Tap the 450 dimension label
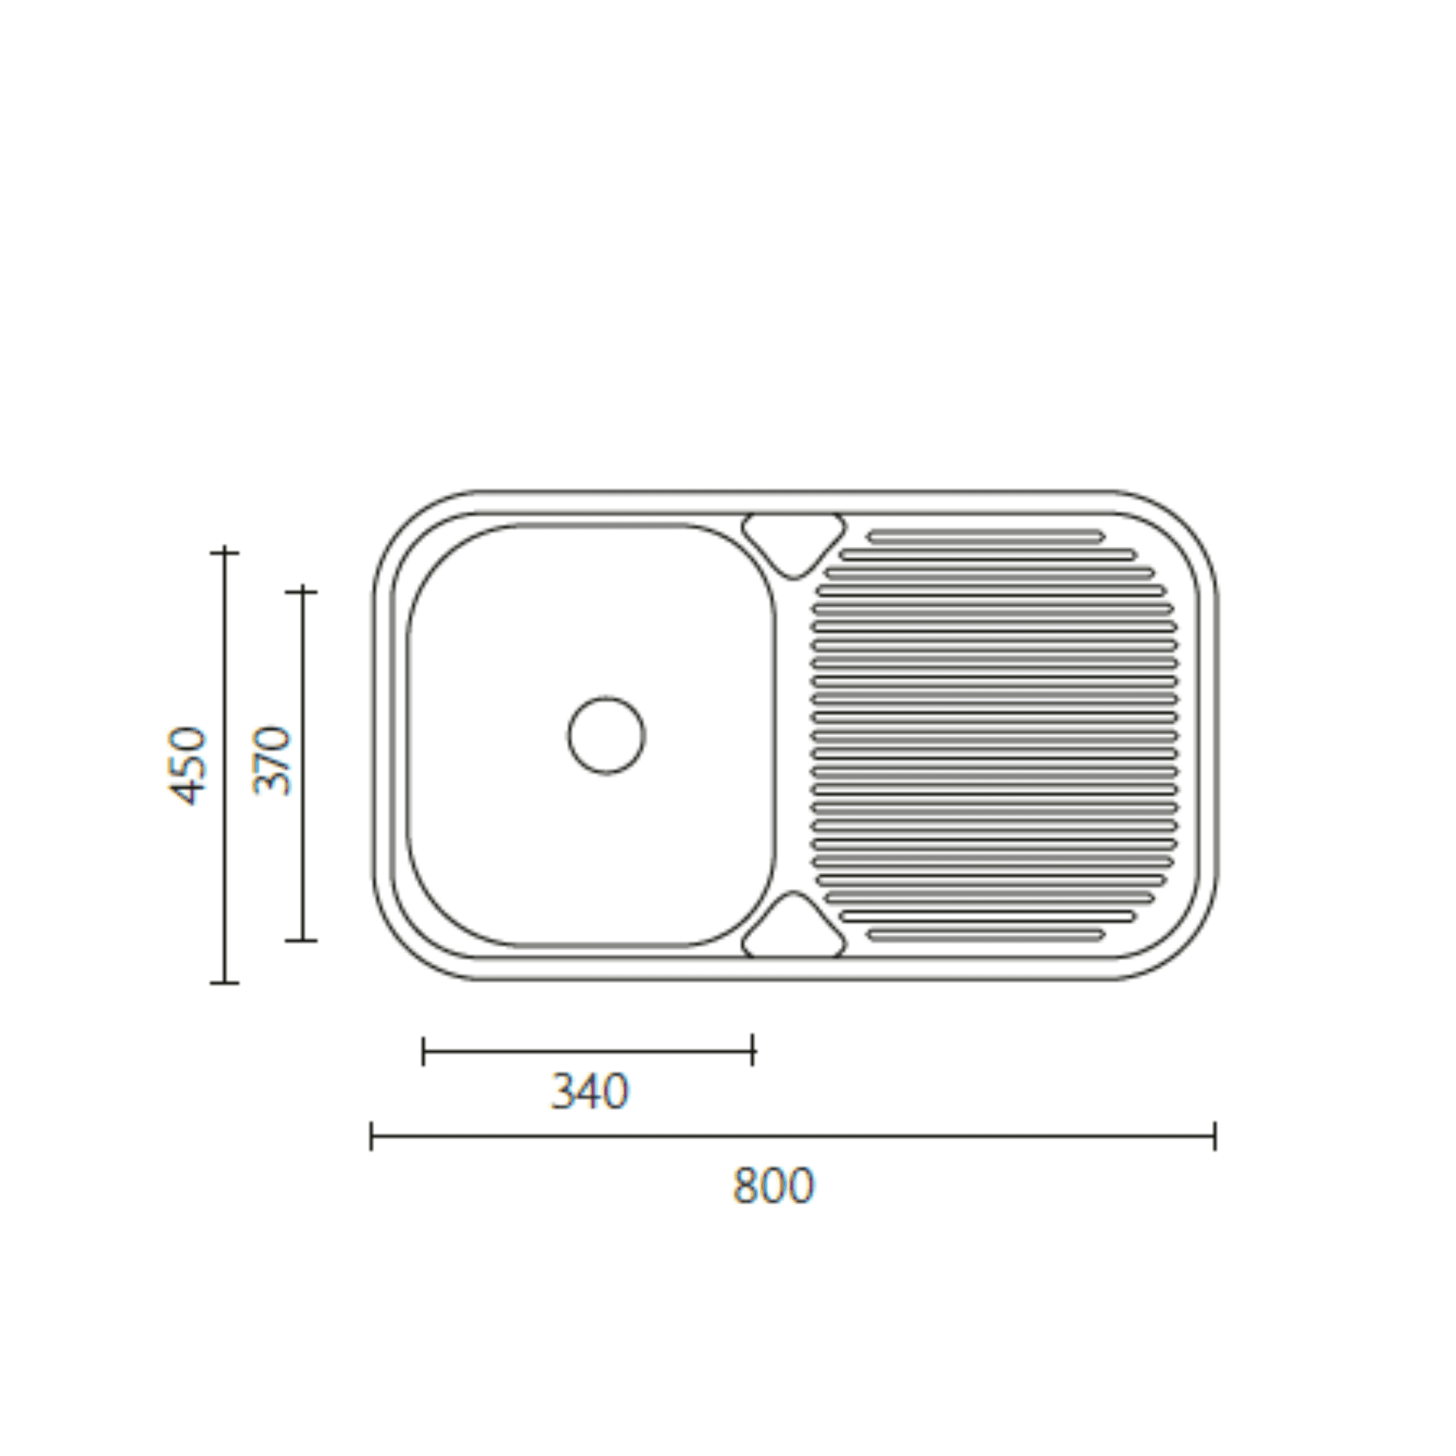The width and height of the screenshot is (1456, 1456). (186, 767)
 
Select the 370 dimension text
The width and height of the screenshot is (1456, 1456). (272, 761)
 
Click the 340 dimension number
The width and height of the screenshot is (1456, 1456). (590, 1091)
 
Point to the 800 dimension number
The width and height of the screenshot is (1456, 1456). (773, 1185)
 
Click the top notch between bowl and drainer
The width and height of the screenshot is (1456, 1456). (793, 545)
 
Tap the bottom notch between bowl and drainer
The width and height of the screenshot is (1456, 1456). (793, 925)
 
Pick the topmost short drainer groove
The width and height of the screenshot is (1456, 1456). (986, 537)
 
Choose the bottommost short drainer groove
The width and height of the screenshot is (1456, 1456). (986, 935)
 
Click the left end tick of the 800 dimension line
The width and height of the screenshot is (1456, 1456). (371, 1136)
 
